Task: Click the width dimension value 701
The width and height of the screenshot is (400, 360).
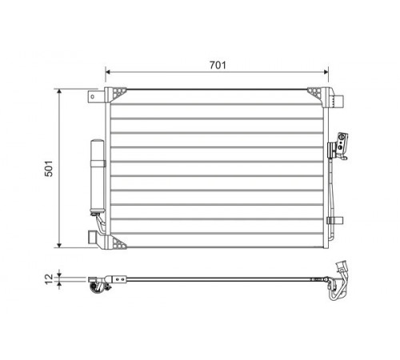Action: tap(218, 65)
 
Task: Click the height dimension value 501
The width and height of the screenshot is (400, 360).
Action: tap(49, 169)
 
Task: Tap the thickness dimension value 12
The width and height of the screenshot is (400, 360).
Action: tap(49, 279)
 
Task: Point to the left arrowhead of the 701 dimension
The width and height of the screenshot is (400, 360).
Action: tap(108, 72)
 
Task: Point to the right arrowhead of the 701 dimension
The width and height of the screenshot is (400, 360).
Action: tap(326, 72)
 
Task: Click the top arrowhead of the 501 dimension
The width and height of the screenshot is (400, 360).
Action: tap(59, 92)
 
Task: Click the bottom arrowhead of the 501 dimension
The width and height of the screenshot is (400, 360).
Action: tap(59, 245)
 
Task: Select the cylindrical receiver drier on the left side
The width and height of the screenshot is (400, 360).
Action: tap(98, 177)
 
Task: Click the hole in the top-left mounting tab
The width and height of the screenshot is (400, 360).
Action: tap(93, 97)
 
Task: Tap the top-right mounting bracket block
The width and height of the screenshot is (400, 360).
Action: tap(338, 101)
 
